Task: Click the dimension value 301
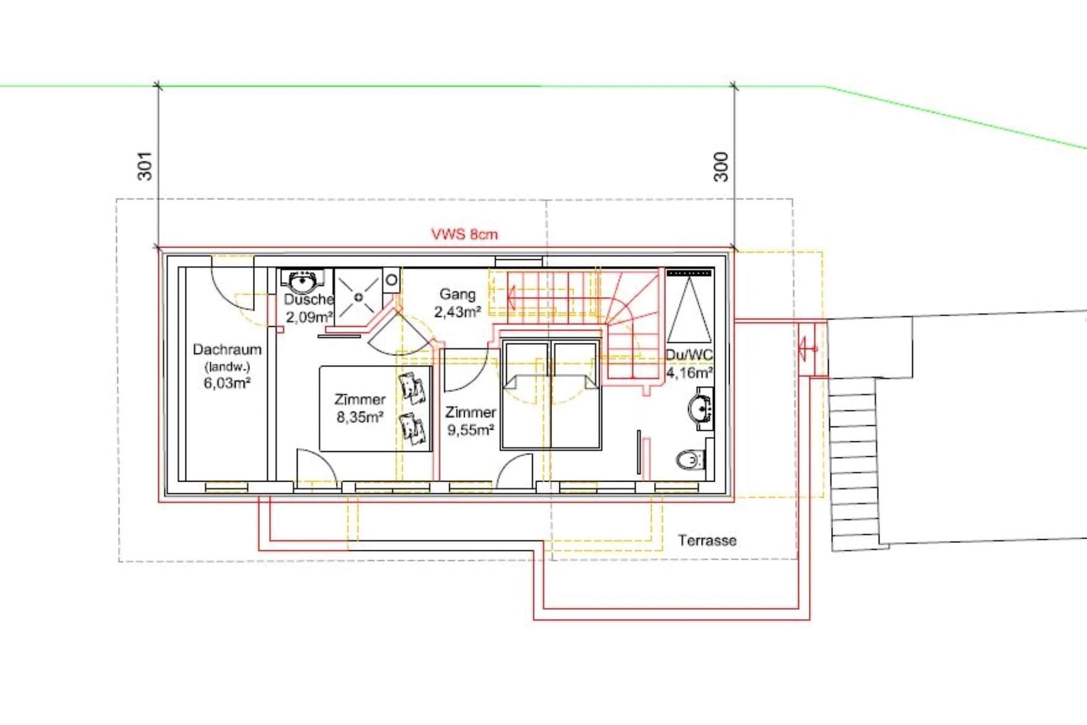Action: point(145,166)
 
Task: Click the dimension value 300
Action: point(721,167)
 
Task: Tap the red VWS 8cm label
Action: point(464,234)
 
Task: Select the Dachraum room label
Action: point(227,349)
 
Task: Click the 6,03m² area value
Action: point(227,382)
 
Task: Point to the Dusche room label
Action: point(308,300)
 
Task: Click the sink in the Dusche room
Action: point(303,280)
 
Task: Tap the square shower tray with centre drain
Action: point(358,297)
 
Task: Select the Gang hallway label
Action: point(458,294)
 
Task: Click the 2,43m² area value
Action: point(458,312)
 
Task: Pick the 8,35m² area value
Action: point(360,417)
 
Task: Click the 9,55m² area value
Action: point(471,430)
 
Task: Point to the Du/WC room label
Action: point(689,355)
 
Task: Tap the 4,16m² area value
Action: point(689,373)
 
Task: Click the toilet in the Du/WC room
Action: point(691,459)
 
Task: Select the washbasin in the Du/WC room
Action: point(701,408)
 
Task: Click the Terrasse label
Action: point(707,541)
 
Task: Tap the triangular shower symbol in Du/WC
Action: point(689,310)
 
